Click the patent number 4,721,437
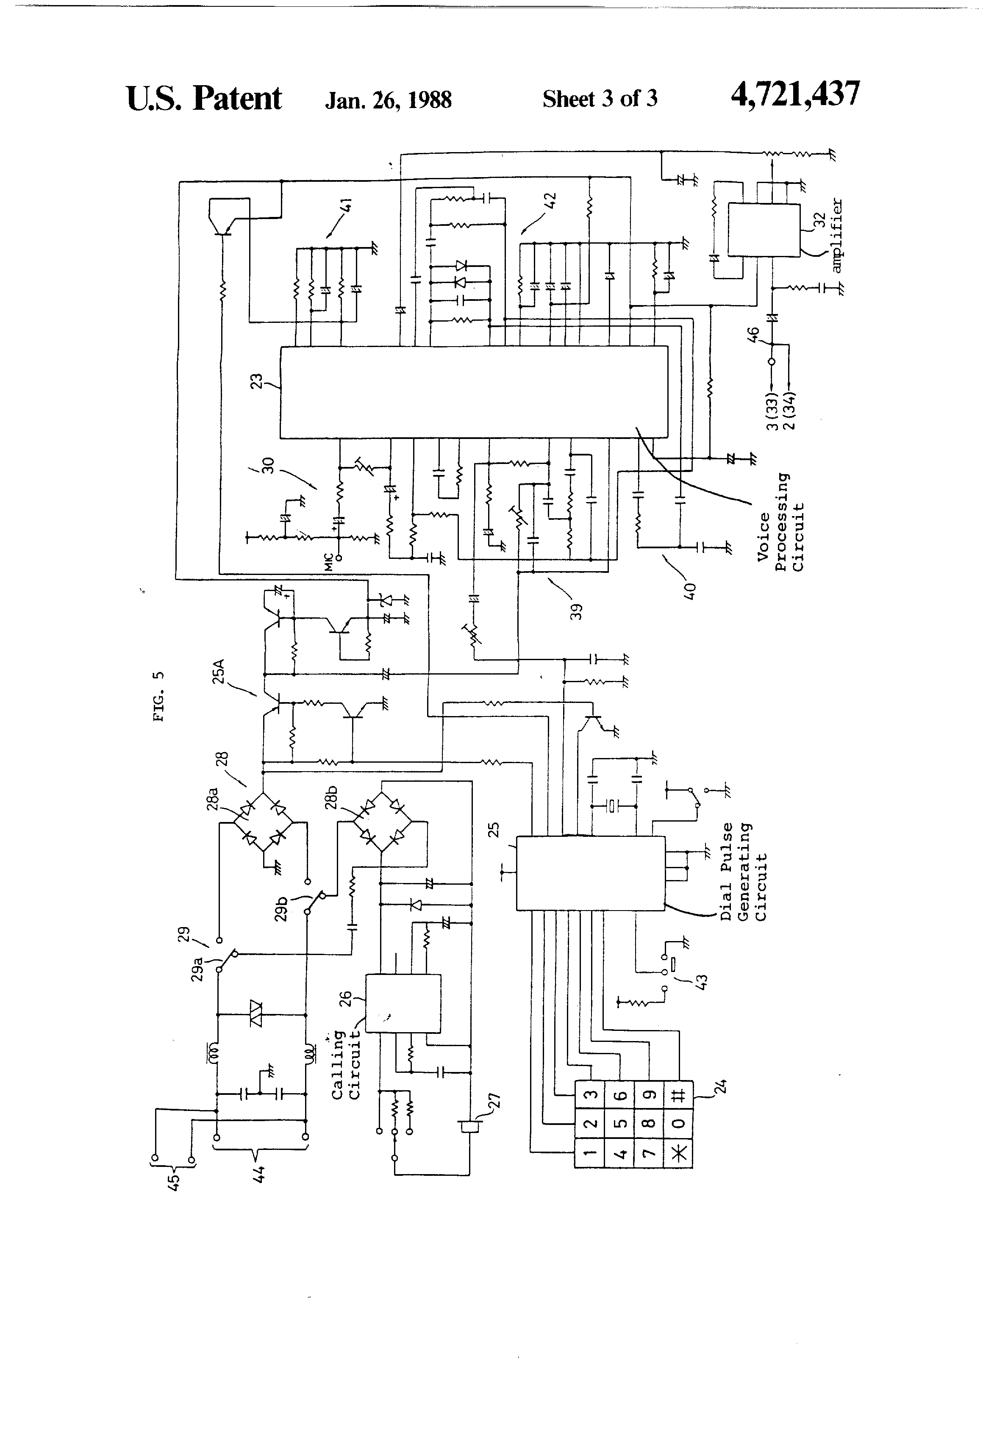pos(795,95)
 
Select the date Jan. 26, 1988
pos(389,100)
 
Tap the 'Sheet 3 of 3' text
pos(600,98)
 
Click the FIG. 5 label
pos(159,696)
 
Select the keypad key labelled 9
pos(649,1095)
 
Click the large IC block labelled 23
pos(473,392)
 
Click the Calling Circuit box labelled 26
pos(403,1003)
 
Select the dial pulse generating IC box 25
pos(590,873)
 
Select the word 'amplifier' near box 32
pos(836,236)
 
